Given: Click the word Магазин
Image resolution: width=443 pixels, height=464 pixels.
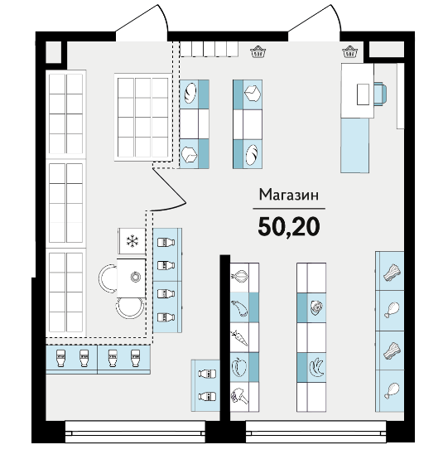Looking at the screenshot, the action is click(289, 195).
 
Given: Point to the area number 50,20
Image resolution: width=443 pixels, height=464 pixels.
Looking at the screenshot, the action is click(289, 227).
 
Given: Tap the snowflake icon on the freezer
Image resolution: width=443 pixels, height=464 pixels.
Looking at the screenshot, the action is click(132, 241).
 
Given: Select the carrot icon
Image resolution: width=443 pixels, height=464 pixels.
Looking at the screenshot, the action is click(239, 338).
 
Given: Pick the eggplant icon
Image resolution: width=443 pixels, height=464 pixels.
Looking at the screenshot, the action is click(239, 307).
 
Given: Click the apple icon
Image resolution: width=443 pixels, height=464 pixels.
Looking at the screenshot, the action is click(239, 367).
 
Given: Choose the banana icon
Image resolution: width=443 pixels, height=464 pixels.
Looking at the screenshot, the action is click(316, 367).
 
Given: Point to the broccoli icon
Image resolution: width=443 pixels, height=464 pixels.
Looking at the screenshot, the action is click(239, 397).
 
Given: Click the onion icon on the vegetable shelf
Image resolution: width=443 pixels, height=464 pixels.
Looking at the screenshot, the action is click(239, 277).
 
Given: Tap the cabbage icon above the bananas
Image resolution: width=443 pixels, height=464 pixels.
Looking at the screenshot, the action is click(316, 307).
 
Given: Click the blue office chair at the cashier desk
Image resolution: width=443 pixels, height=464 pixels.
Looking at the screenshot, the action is click(380, 94).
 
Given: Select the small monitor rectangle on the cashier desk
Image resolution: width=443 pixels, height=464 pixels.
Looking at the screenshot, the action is click(363, 94).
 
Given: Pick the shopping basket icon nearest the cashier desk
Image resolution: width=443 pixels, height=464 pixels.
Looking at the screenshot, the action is click(349, 51).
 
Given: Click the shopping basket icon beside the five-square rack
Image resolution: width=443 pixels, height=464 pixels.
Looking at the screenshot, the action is click(258, 51).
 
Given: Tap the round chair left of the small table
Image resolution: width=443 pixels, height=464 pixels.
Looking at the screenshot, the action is click(107, 278).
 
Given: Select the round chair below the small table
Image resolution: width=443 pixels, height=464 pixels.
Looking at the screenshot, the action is click(130, 308).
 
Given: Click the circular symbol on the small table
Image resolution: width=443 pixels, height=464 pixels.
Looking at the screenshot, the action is click(136, 277).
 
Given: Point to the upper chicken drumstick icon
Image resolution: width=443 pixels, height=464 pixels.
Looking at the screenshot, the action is click(392, 310).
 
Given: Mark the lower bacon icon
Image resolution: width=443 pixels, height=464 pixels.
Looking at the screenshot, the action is click(392, 351).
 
